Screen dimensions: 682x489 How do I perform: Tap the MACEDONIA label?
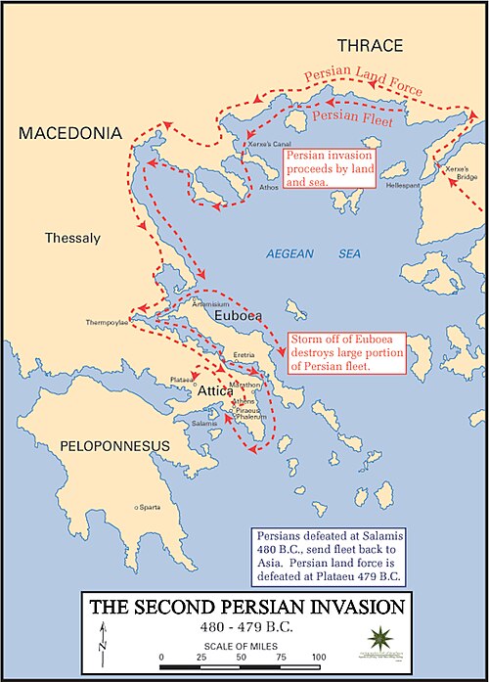point(69,132)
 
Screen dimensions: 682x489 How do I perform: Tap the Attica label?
point(216,389)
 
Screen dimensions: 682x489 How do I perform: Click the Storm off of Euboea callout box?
point(346,352)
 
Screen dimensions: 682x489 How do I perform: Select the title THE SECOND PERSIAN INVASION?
point(244,608)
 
